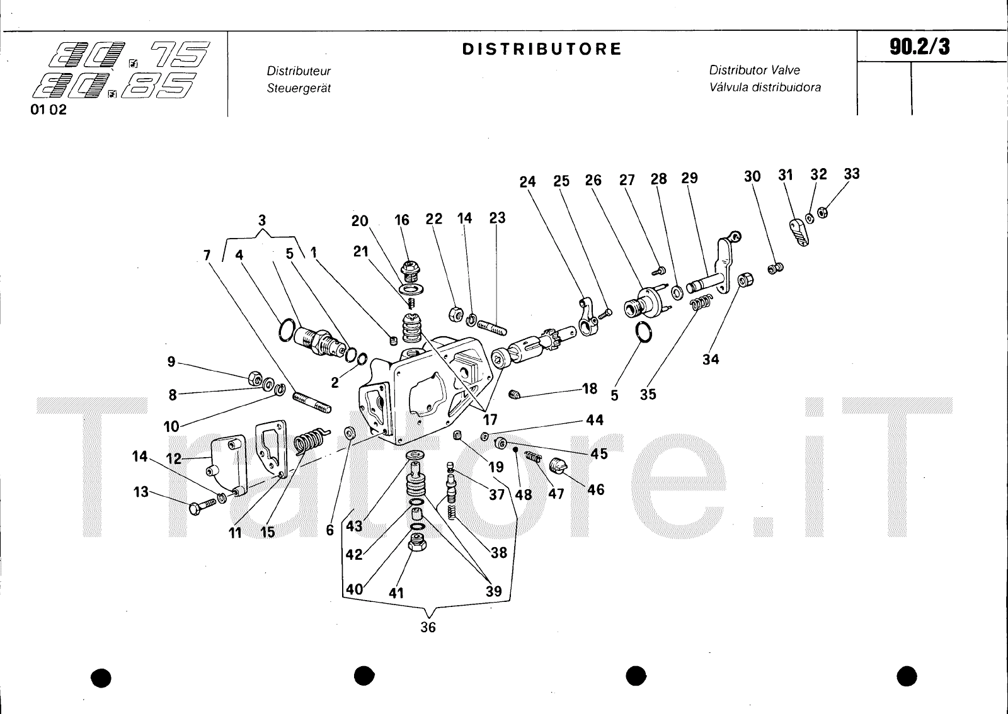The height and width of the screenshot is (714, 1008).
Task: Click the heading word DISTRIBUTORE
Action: (542, 49)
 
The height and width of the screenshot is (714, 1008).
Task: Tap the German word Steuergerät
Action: (299, 88)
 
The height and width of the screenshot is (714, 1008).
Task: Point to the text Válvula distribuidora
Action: (765, 88)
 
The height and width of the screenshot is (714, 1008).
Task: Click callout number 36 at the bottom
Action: (428, 627)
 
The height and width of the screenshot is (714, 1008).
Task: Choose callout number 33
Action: (851, 174)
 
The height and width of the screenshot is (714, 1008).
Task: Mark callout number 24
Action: (527, 181)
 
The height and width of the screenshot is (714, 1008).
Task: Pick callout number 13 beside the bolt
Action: (140, 491)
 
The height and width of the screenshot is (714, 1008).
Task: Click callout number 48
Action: (524, 494)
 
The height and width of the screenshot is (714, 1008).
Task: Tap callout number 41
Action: (396, 592)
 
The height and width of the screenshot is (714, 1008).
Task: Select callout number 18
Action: (590, 388)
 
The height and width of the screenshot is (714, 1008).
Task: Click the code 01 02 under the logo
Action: (49, 110)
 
